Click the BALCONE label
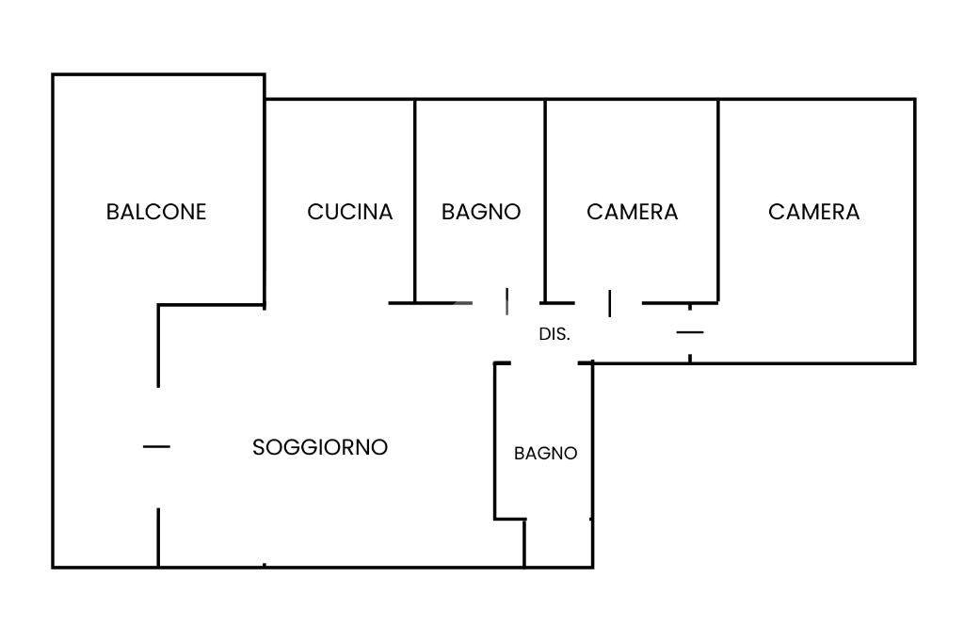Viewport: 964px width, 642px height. [156, 212]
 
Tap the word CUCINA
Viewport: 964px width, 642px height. [350, 212]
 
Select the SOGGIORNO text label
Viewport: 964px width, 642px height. [320, 447]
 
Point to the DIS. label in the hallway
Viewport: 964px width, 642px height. [554, 334]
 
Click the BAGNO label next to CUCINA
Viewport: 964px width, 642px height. [481, 212]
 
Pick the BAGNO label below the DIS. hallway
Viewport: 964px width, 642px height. [546, 453]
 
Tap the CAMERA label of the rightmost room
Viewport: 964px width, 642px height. [814, 212]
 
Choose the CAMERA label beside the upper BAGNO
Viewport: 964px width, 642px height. [633, 212]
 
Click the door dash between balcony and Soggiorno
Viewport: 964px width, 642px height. [156, 446]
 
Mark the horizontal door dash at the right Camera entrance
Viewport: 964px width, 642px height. [690, 332]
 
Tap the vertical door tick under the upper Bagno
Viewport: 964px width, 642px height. [507, 302]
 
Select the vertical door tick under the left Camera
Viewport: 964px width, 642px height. [610, 303]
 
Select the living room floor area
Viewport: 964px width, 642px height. [320, 499]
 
